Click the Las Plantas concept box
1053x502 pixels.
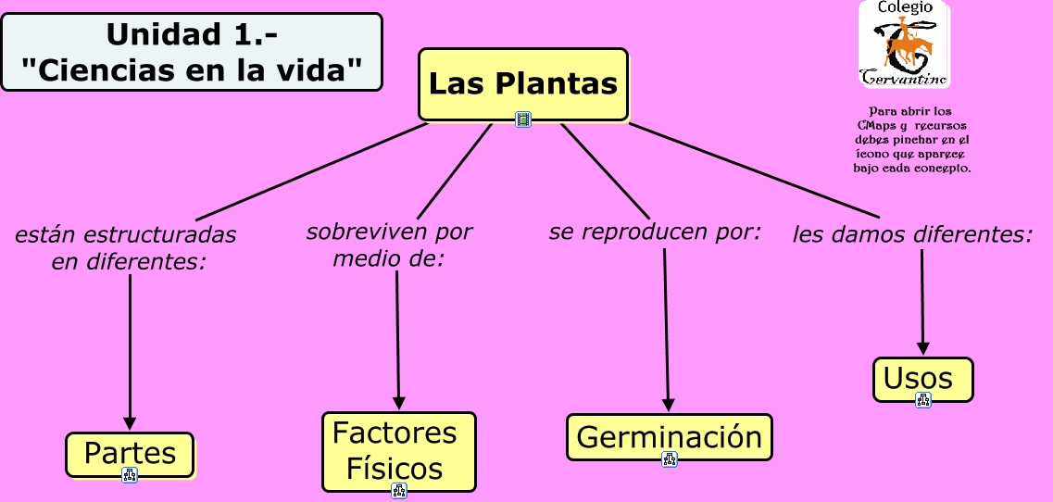(522, 83)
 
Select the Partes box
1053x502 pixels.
(130, 454)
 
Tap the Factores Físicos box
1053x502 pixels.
(398, 450)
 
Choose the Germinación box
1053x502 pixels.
(669, 436)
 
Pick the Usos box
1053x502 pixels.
(922, 379)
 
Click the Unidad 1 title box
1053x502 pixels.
(192, 52)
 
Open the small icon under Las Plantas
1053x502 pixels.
(523, 119)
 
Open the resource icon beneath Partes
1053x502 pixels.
(130, 475)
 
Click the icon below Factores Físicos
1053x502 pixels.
(399, 490)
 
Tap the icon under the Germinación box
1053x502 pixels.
(670, 458)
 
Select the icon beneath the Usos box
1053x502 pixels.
(922, 400)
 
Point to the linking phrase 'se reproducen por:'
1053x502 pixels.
(655, 232)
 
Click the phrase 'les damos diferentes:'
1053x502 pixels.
(912, 234)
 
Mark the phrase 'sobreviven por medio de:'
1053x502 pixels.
(389, 245)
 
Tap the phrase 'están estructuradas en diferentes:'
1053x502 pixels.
(126, 248)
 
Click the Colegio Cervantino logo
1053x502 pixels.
(904, 44)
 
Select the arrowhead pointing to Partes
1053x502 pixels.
(130, 422)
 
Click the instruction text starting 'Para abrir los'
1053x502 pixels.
(911, 140)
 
